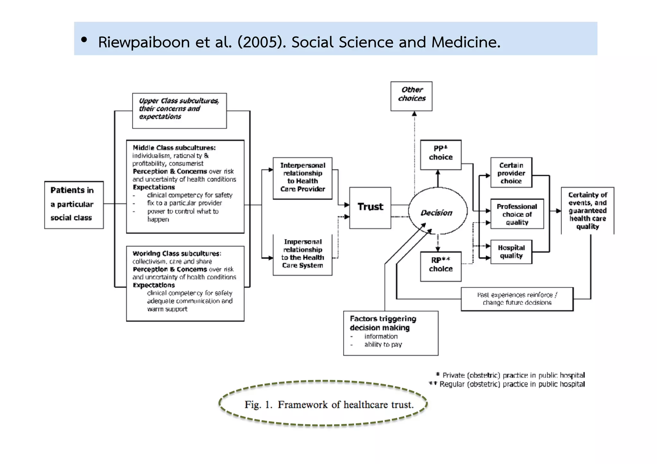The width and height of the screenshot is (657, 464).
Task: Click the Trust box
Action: coord(370,207)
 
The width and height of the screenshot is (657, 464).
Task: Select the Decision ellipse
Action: coord(437,212)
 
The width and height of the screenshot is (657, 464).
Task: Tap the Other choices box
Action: coord(411,96)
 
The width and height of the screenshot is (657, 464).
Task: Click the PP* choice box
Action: coord(440,154)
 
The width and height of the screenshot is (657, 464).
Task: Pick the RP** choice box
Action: coord(440,266)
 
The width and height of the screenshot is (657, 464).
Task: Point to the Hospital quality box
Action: coord(511,252)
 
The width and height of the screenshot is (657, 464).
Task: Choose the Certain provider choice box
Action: coord(511,173)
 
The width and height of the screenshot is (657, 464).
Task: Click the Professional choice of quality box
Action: coord(517,214)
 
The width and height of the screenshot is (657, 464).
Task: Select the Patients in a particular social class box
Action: coord(74,205)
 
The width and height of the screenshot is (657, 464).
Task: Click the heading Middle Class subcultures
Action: coord(174,148)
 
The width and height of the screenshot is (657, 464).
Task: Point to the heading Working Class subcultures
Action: coord(177,254)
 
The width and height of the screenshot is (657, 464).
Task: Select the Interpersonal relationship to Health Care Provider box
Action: coord(302,178)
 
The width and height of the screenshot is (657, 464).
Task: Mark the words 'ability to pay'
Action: coord(383,345)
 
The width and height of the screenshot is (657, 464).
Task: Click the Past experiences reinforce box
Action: coord(517,299)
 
